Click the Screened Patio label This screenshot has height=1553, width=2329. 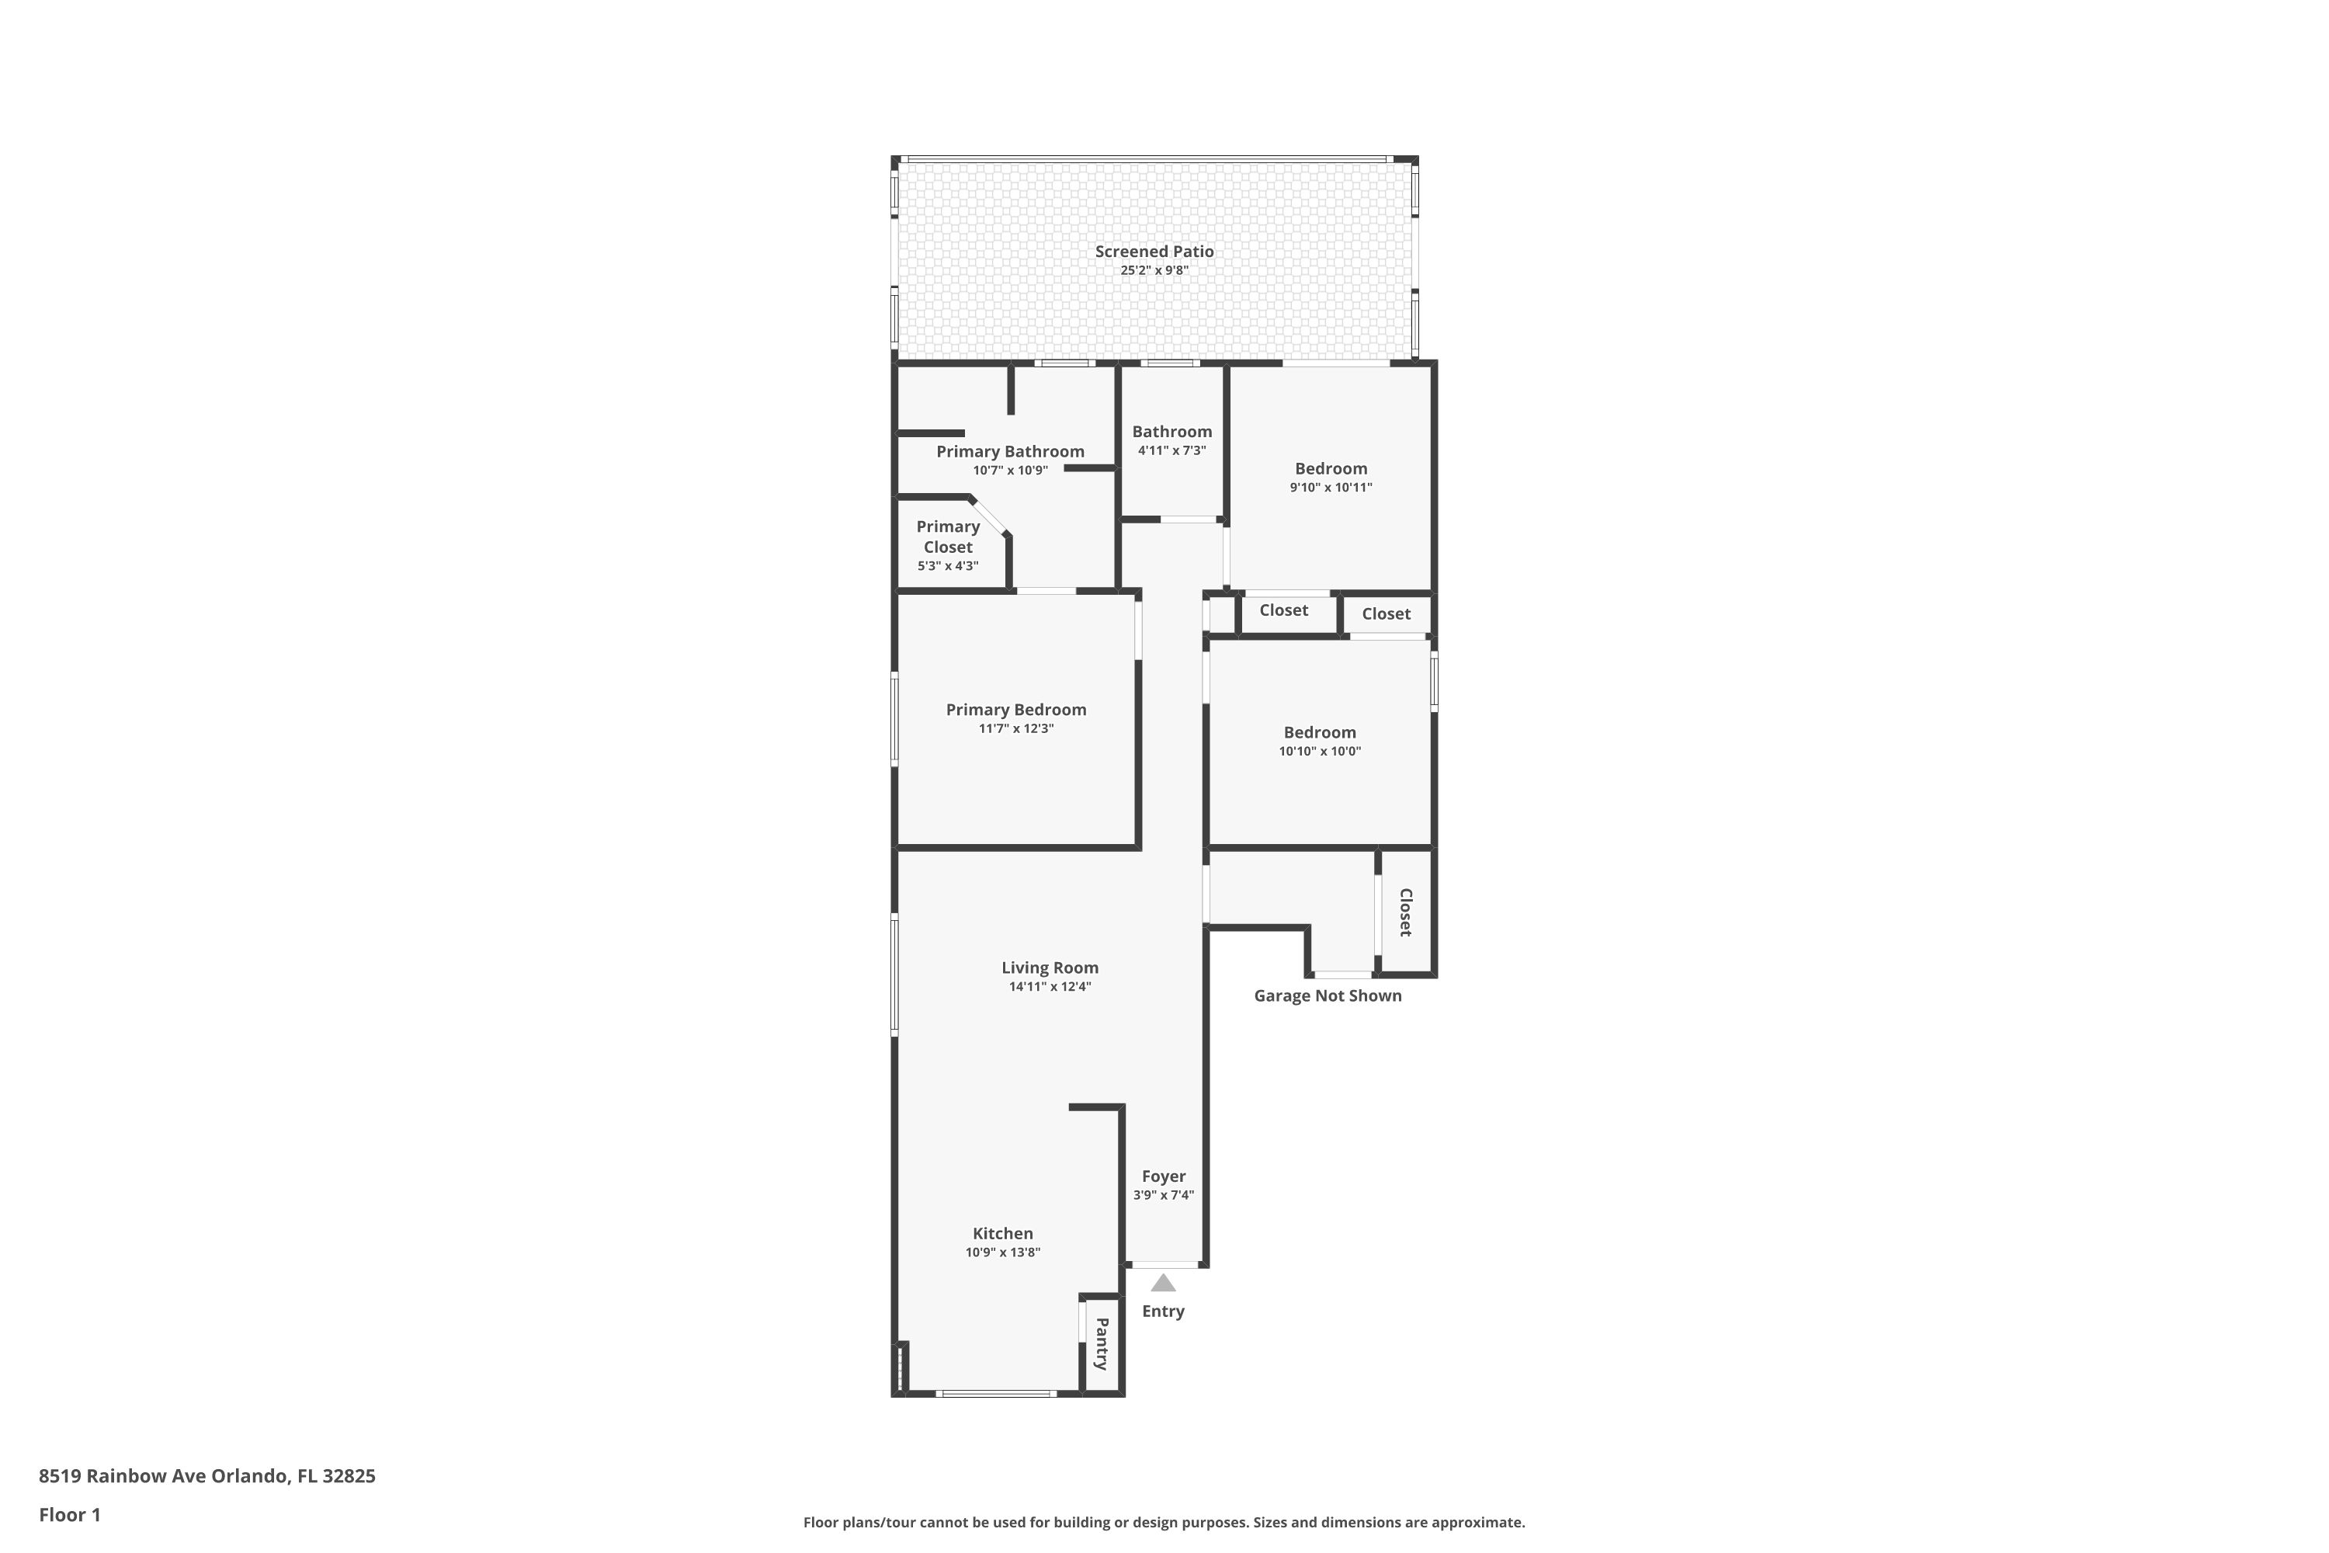click(1154, 252)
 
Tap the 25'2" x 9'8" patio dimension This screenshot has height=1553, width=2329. click(1154, 270)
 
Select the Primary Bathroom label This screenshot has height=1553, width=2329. click(1010, 452)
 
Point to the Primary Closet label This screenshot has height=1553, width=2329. click(948, 537)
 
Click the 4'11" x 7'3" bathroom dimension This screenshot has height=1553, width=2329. click(1171, 450)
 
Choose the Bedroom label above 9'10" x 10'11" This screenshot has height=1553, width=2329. click(1331, 468)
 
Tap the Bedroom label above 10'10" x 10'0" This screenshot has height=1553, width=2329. click(1320, 732)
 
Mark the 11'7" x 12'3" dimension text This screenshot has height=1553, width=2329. click(1016, 729)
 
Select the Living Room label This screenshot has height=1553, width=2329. click(1050, 968)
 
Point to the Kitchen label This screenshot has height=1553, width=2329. click(1002, 1233)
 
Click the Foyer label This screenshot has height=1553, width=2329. click(1164, 1176)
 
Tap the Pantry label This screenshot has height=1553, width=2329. click(1101, 1344)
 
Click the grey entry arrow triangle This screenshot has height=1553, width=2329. click(1164, 1284)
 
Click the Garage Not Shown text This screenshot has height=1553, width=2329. click(1328, 995)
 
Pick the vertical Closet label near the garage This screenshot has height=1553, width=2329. click(1405, 912)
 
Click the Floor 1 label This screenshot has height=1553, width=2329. click(69, 1514)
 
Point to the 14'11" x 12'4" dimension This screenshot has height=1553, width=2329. click(1050, 986)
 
